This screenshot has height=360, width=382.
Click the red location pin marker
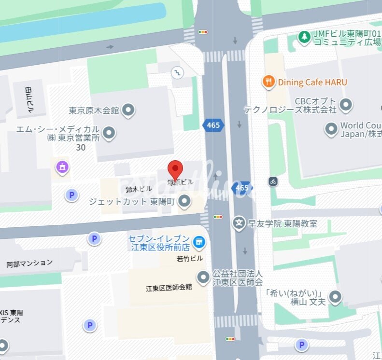175,170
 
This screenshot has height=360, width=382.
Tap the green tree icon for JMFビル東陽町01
304,37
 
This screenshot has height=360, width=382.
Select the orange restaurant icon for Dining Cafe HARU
269,82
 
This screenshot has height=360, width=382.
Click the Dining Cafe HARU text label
312,83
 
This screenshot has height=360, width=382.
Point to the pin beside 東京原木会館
128,111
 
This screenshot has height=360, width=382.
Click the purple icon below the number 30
62,167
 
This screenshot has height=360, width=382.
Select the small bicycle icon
273,181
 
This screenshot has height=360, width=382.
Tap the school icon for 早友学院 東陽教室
239,223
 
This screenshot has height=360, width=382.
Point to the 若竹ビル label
190,259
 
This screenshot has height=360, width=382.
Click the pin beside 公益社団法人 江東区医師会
203,277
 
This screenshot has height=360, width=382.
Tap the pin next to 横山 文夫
335,297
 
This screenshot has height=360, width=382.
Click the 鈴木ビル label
136,190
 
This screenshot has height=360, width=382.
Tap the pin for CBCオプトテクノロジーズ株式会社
346,104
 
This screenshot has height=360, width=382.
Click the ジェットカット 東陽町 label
131,202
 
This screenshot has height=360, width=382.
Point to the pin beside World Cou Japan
331,129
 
